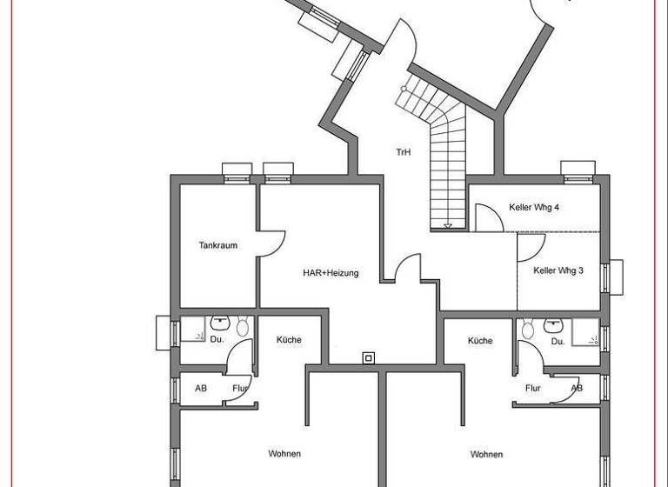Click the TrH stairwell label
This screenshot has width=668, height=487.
(x=403, y=152)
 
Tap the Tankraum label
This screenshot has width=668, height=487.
(x=217, y=245)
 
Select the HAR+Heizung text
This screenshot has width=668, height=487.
(x=331, y=273)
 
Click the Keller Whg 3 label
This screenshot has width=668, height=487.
(x=558, y=270)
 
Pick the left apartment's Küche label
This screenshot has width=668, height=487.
(x=289, y=340)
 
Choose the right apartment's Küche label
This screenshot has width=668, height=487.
(x=479, y=341)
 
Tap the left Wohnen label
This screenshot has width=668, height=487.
(x=284, y=454)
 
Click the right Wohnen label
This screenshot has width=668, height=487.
(x=486, y=454)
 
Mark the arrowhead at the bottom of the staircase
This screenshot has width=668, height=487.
(x=448, y=225)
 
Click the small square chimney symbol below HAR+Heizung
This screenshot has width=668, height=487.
(x=369, y=357)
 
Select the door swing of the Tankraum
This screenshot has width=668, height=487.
(x=271, y=243)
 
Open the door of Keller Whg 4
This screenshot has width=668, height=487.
(x=487, y=217)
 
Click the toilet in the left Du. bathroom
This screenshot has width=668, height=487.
(x=243, y=328)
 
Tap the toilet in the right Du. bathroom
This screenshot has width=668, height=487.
(x=525, y=330)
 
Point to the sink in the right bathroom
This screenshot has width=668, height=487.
(x=553, y=324)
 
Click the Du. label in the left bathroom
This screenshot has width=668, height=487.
(x=217, y=340)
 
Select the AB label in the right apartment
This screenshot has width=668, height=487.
(x=577, y=389)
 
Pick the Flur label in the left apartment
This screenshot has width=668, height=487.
(x=241, y=389)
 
